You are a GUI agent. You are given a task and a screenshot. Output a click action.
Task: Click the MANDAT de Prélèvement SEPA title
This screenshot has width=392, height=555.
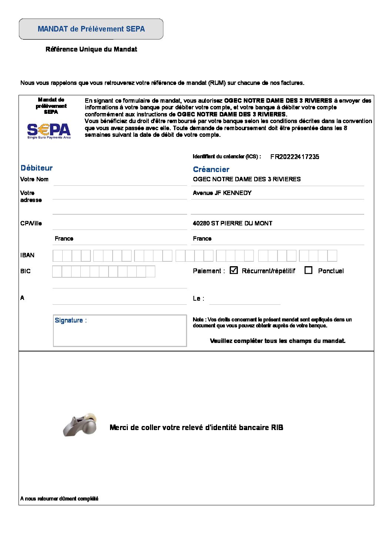click(x=91, y=29)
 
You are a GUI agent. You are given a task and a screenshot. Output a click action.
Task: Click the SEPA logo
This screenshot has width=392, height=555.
click(x=49, y=131)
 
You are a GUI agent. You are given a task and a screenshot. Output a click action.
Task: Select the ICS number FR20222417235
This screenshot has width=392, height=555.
click(x=295, y=157)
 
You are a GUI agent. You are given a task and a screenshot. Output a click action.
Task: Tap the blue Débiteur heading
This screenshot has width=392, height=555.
click(x=37, y=168)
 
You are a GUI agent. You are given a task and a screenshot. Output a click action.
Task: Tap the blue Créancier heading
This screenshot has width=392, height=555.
click(x=211, y=169)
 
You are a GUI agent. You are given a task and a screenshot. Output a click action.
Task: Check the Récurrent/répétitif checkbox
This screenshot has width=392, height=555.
click(x=233, y=270)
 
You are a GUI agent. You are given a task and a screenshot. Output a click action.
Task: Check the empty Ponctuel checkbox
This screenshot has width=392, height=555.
click(x=308, y=270)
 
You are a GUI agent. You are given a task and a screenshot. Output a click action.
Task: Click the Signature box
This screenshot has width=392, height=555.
click(x=120, y=331)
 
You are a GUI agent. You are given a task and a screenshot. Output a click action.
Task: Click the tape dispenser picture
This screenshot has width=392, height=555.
click(x=80, y=425)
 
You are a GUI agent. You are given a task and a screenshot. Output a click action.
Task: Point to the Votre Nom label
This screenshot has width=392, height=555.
click(x=34, y=179)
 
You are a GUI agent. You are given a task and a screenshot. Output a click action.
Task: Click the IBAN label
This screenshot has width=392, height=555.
click(x=27, y=255)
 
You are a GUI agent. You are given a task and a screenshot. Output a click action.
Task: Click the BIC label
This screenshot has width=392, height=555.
click(x=26, y=271)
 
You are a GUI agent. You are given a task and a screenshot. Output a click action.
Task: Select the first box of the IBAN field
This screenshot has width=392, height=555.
click(x=57, y=256)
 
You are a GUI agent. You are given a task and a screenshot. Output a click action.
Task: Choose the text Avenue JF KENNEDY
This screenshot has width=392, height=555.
click(x=222, y=193)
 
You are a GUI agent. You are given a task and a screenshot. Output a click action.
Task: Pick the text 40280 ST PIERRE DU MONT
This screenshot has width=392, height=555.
click(x=232, y=223)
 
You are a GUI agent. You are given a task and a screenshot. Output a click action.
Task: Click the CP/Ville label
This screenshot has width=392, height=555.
click(x=31, y=223)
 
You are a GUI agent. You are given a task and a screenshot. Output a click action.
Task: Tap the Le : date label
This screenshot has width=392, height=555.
click(x=198, y=298)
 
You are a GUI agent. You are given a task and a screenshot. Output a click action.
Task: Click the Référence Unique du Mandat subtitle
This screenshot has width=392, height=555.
click(x=91, y=49)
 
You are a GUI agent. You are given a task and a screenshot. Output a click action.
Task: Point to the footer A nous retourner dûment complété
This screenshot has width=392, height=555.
click(x=59, y=499)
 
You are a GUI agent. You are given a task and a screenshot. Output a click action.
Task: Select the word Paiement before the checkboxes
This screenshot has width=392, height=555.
click(x=207, y=271)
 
